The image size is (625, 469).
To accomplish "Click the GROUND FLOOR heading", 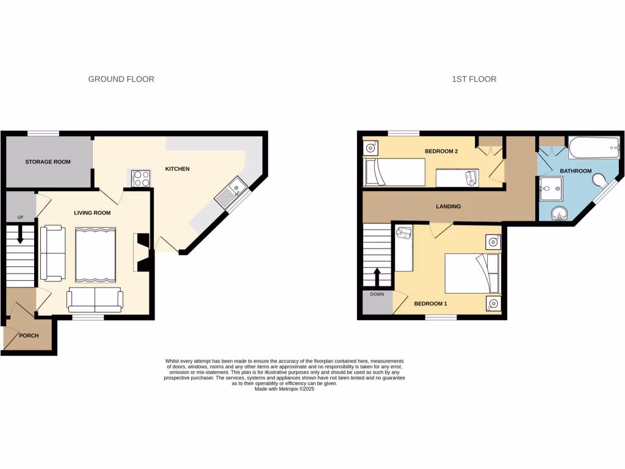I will [121, 79].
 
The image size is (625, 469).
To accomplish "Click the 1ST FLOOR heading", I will [474, 79].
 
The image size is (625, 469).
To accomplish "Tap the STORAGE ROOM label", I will [48, 162].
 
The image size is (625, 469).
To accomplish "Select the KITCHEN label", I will [178, 169].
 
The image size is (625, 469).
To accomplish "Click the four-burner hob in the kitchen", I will [141, 178].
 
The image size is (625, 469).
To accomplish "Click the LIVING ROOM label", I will [92, 213].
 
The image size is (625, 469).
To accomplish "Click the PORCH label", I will [29, 335].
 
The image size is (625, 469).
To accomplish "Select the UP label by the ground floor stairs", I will [20, 217].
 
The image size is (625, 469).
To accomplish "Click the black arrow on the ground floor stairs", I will [20, 234].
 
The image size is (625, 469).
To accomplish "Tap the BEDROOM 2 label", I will [441, 151].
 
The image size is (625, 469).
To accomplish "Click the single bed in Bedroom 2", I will [394, 172].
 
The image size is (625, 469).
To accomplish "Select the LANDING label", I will [448, 206].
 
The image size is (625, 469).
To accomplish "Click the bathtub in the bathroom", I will [594, 148].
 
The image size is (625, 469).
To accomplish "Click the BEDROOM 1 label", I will [430, 304].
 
